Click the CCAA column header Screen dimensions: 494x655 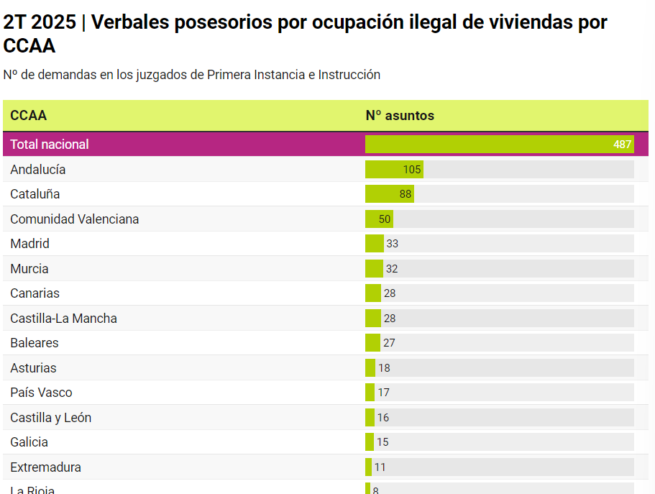[29, 116]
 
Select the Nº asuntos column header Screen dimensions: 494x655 [400, 116]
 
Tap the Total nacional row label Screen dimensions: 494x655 [50, 145]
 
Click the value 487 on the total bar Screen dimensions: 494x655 [622, 145]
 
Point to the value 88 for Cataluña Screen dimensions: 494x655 [406, 194]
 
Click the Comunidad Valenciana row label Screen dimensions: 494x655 [75, 219]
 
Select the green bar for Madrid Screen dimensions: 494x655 [374, 244]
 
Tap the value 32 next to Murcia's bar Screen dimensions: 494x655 [392, 269]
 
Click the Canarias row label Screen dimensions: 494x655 [35, 293]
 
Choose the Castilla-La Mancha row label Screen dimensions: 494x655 [64, 319]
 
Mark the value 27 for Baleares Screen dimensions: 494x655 [389, 343]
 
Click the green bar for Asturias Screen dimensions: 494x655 [370, 368]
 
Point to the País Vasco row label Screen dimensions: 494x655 [42, 393]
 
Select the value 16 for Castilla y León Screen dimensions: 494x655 [383, 418]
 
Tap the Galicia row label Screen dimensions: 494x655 [29, 442]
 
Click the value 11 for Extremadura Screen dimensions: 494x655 [380, 467]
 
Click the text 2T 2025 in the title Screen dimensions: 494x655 [40, 22]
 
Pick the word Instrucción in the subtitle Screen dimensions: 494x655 [349, 75]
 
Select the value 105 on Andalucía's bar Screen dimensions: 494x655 [412, 170]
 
